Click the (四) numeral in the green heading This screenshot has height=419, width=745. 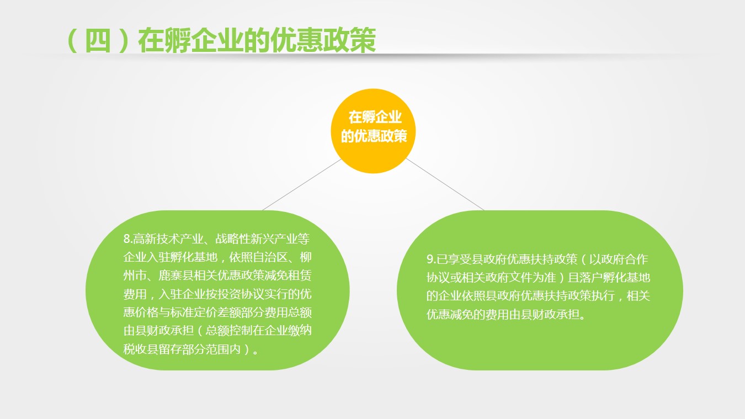click(98, 40)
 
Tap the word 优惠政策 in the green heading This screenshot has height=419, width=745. click(323, 40)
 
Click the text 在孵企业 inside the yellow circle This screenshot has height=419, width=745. click(375, 118)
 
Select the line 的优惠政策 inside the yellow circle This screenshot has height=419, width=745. click(374, 136)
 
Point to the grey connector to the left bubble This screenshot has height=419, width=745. click(302, 184)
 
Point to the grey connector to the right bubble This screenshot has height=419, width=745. click(445, 184)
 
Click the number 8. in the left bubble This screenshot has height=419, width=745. click(128, 239)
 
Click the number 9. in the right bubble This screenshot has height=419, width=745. click(432, 259)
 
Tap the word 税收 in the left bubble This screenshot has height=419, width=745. click(135, 349)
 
